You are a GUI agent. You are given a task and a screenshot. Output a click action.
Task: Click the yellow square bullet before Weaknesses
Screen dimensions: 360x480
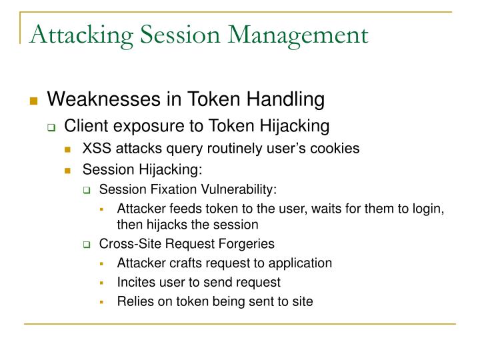pos(33,101)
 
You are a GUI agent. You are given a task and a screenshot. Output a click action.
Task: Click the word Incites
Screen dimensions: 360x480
pos(135,282)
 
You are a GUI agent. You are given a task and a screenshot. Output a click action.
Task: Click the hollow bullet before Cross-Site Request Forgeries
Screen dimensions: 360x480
pos(87,244)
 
